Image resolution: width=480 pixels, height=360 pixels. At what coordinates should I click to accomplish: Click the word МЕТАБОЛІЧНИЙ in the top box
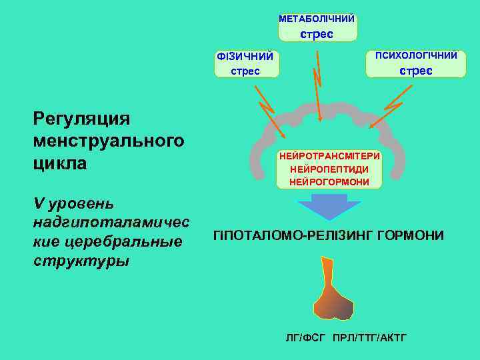click(x=317, y=19)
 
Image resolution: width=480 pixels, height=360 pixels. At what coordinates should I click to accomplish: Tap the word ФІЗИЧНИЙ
click(x=245, y=57)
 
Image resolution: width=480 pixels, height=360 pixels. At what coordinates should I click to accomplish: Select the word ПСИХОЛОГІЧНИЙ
click(x=416, y=55)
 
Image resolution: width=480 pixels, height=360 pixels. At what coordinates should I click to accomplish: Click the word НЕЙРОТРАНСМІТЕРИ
click(x=330, y=155)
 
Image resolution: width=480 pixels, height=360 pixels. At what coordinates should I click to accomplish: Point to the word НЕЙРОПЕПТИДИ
click(x=329, y=168)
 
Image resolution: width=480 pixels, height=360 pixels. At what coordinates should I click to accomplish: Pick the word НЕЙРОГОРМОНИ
click(x=329, y=181)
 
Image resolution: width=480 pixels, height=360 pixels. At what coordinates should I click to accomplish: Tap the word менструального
click(x=108, y=141)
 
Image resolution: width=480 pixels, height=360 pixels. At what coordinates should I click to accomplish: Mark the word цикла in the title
click(x=59, y=163)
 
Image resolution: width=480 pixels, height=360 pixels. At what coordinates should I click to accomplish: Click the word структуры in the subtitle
click(x=81, y=260)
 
